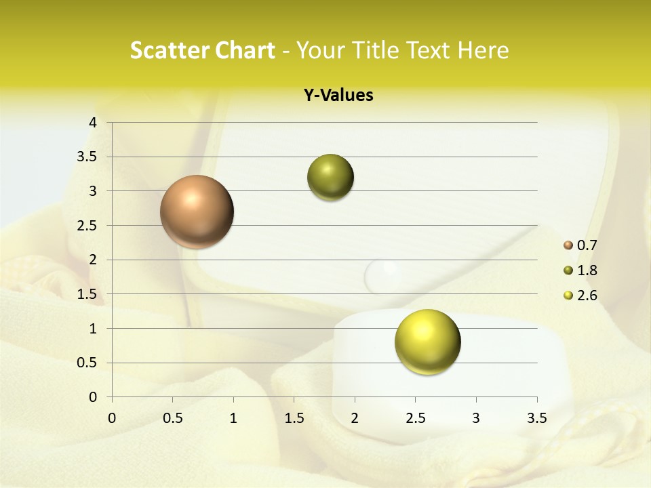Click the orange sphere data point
(x=197, y=211)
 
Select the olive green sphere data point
(x=330, y=178)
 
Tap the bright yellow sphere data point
(x=427, y=342)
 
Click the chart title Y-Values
(x=338, y=96)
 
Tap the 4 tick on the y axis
(x=94, y=123)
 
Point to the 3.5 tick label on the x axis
(x=536, y=418)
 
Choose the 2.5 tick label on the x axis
(x=415, y=418)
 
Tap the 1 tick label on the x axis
(x=233, y=418)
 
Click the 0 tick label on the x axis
(x=112, y=418)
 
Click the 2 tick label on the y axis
(x=94, y=260)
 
